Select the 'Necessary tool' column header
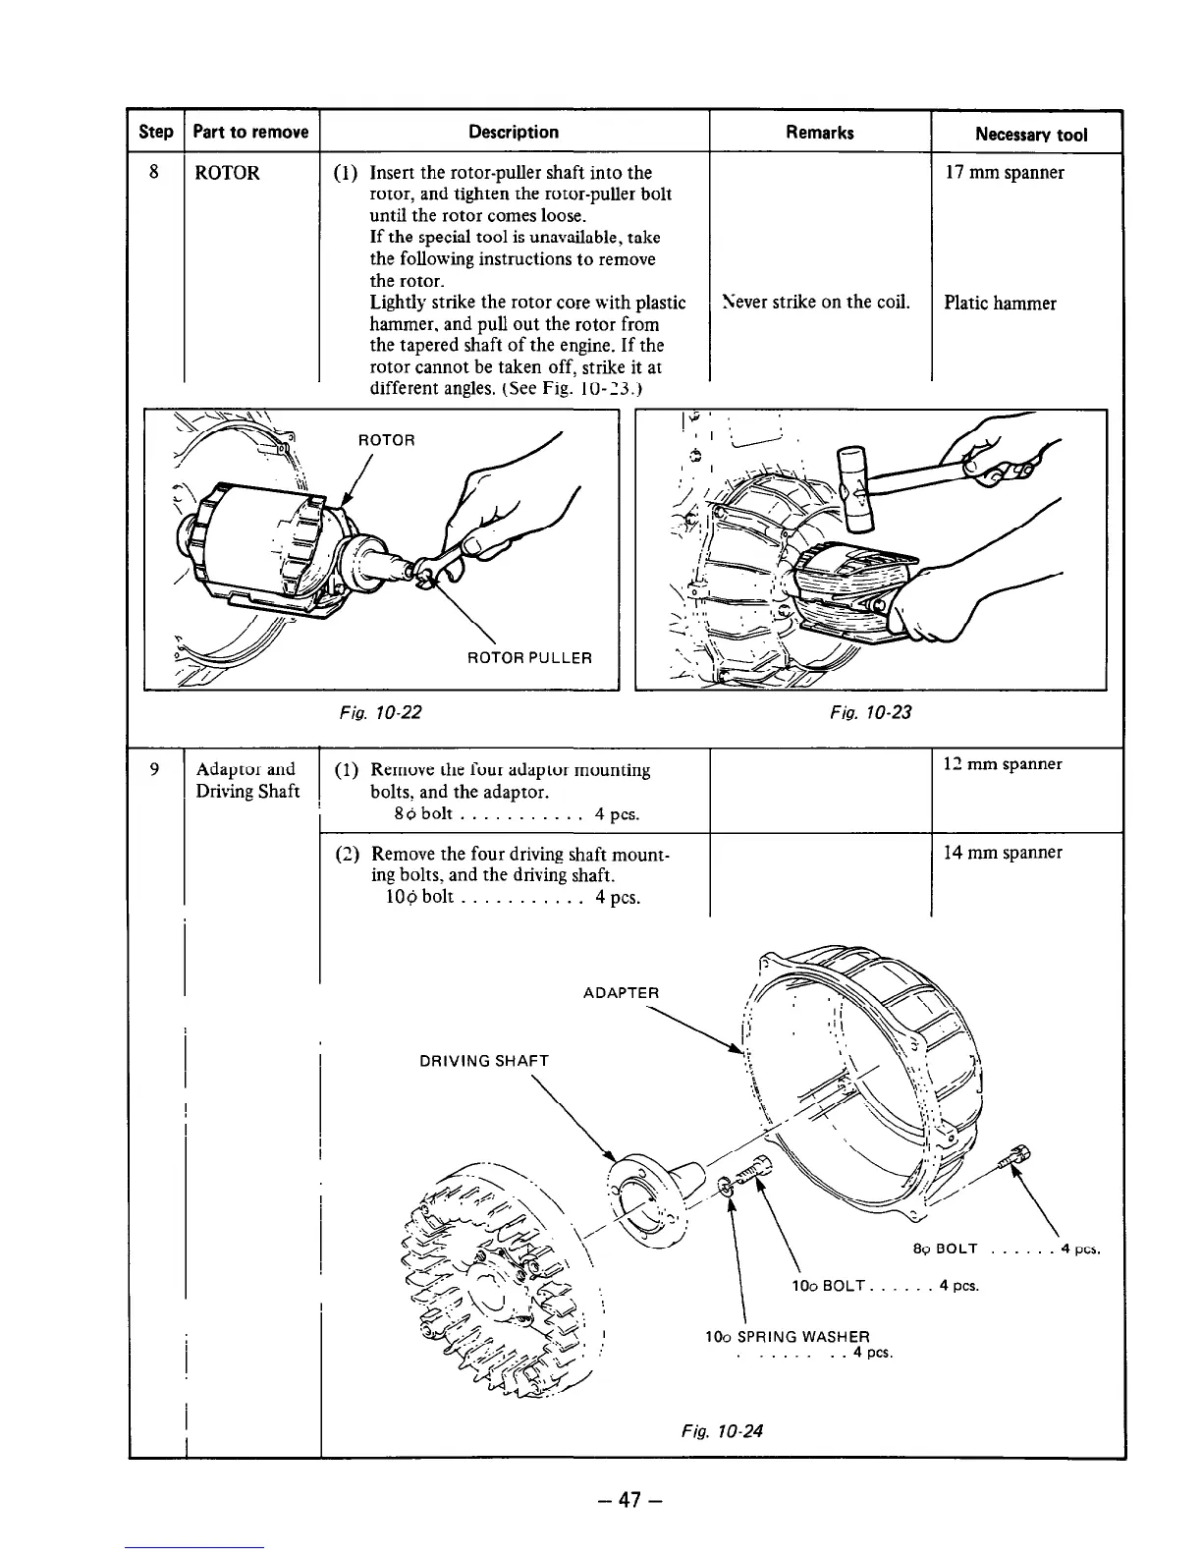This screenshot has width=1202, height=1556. point(1030,135)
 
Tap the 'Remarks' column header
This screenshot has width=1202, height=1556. point(819,133)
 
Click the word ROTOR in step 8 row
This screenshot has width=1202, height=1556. point(227,174)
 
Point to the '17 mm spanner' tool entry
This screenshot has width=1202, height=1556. point(1004,173)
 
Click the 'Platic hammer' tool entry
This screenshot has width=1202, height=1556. point(1000,303)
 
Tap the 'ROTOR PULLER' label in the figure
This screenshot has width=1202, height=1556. point(529,657)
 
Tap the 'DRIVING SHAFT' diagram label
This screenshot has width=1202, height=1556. point(484,1061)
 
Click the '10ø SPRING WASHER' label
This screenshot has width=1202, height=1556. point(788,1336)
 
